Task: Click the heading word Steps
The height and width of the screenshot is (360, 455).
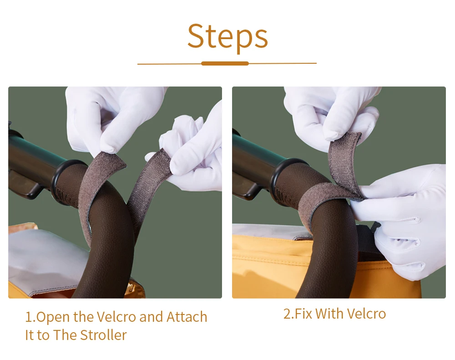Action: [227, 36]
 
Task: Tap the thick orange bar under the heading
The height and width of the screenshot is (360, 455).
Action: [225, 64]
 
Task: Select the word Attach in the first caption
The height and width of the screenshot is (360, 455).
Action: [187, 317]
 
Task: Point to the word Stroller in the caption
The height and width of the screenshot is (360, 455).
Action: [103, 335]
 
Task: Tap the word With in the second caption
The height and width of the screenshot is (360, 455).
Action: [329, 314]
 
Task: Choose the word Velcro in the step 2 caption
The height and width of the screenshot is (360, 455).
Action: [366, 314]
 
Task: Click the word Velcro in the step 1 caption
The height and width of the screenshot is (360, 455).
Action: [116, 317]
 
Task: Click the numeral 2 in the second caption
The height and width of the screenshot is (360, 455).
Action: [287, 314]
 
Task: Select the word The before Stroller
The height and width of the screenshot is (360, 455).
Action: [65, 335]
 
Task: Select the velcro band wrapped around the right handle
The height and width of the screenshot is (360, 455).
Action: [325, 200]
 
